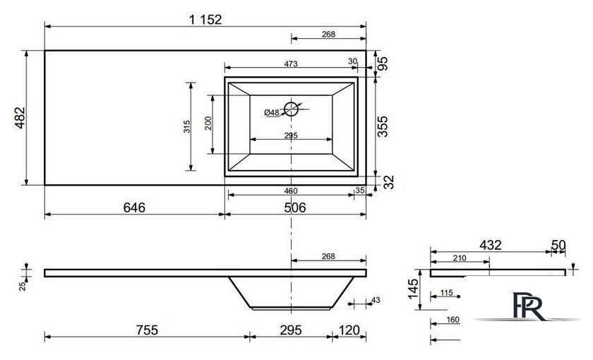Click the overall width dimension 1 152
205,19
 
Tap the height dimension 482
20,118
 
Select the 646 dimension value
134,208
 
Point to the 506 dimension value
295,208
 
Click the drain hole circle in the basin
291,109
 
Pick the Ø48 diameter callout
272,112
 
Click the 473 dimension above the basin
291,64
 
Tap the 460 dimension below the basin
291,191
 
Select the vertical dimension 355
383,126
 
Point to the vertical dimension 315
187,126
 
